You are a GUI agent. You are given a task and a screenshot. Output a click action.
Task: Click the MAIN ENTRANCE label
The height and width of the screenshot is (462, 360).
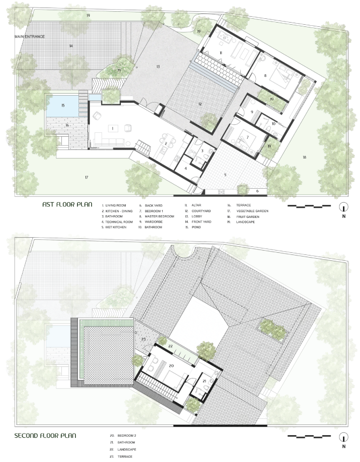[x=30, y=37]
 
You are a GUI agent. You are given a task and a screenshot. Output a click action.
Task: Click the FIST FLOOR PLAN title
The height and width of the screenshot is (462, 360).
[x=67, y=204]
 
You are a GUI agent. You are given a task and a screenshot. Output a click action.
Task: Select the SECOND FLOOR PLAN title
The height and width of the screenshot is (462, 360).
[x=45, y=436]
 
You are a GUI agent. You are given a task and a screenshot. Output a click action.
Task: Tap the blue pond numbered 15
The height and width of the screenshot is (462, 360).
[x=63, y=105]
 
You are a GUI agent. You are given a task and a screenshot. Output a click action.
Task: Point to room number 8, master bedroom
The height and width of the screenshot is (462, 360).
[x=265, y=76]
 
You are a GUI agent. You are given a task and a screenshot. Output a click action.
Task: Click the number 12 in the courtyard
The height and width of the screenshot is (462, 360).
[x=200, y=104]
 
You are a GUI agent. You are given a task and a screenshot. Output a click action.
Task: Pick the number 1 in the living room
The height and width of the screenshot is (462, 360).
[x=112, y=128]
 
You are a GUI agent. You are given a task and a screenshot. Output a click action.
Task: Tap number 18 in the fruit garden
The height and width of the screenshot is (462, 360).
[x=304, y=158]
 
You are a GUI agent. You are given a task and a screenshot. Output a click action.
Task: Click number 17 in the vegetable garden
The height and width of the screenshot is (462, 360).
[x=87, y=177]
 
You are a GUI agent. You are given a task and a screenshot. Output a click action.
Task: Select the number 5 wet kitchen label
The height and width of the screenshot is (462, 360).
[x=225, y=175]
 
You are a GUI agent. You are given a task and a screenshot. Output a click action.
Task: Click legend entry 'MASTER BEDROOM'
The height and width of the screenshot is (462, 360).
[x=159, y=216]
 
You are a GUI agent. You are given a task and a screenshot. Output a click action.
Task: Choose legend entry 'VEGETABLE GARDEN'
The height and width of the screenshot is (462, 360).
[x=252, y=211]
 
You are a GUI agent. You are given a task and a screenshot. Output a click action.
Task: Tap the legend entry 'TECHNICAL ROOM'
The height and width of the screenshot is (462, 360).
[x=119, y=222]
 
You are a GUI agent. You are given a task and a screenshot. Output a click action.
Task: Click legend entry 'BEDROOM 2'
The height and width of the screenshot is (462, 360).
[x=127, y=436]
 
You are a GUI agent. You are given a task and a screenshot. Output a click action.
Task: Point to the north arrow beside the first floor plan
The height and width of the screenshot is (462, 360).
[x=343, y=207]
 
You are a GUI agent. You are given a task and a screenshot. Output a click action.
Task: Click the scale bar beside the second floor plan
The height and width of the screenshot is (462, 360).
[x=309, y=436]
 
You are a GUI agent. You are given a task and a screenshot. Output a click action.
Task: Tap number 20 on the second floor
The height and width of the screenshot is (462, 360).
[x=171, y=366]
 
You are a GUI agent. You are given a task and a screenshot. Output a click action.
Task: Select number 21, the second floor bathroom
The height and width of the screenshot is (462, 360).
[x=205, y=381]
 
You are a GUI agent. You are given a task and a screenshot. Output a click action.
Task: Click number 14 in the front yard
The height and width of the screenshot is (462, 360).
[x=71, y=46]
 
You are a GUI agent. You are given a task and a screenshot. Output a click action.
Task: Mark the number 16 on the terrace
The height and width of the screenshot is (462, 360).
[x=67, y=125]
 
